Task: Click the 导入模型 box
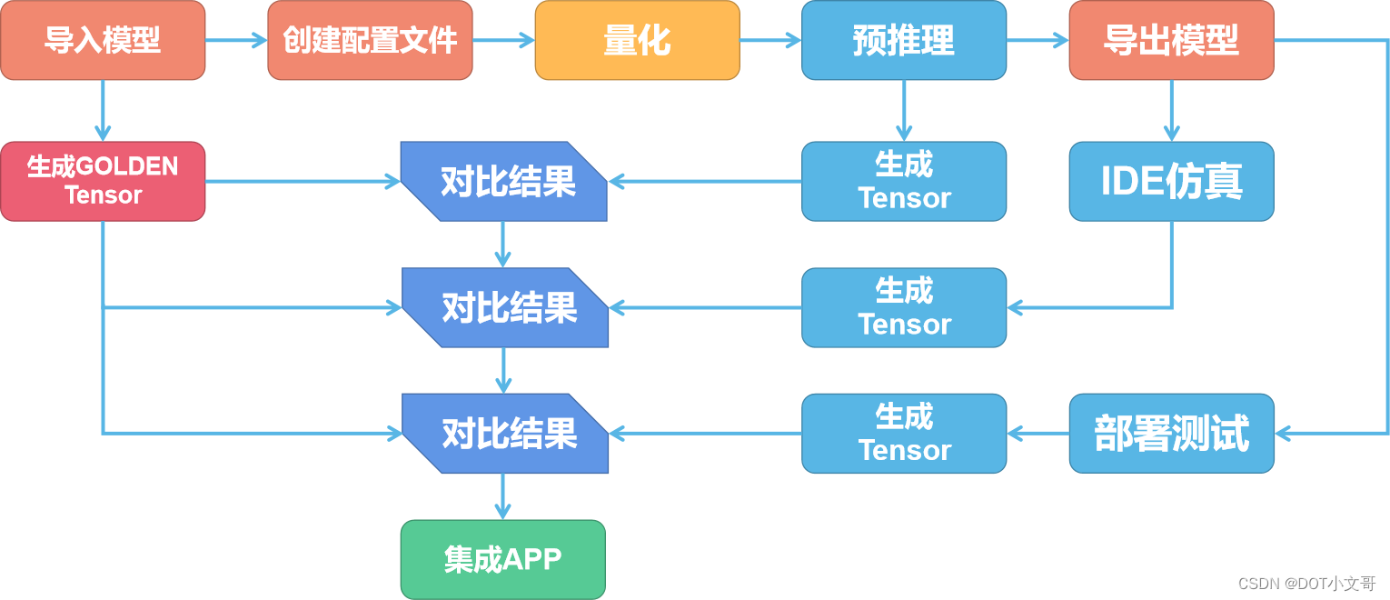coord(103,40)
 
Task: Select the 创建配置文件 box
coord(370,40)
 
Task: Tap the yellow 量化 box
coord(637,40)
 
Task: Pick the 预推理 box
coord(904,40)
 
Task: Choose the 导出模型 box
coord(1171,40)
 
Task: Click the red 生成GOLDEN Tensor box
coord(103,181)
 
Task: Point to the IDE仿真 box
coord(1171,181)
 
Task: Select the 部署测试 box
coord(1171,434)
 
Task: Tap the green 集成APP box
coord(502,559)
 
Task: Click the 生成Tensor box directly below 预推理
coord(904,181)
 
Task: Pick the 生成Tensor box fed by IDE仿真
coord(904,307)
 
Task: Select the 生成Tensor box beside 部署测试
coord(904,434)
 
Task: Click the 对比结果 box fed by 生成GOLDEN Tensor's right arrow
coord(504,181)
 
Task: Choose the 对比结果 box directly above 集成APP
coord(504,434)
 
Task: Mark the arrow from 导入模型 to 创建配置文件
coord(236,40)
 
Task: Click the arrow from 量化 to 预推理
coord(770,40)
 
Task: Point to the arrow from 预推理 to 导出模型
coord(1038,40)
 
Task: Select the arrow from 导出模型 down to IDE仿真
coord(1171,110)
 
